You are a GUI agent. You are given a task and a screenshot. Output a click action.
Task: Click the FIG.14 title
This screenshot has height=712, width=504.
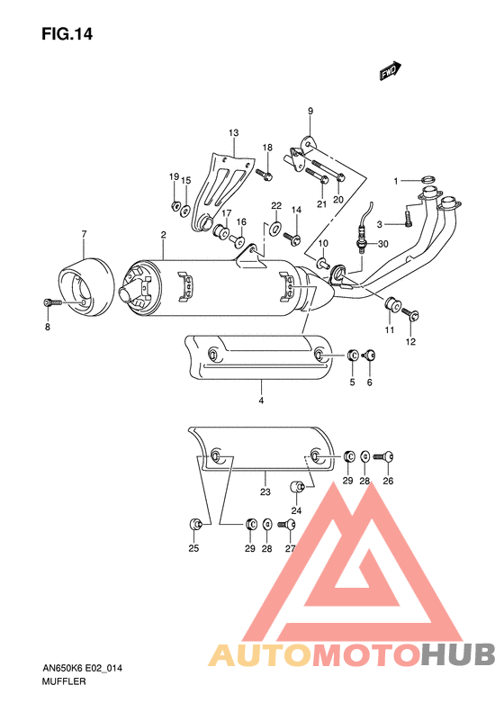click(x=67, y=35)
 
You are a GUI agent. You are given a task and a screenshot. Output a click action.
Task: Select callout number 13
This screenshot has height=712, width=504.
click(x=233, y=133)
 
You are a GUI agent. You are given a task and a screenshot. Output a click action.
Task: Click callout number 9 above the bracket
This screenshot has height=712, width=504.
click(x=310, y=111)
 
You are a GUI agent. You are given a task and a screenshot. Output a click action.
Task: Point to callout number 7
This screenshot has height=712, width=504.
click(x=84, y=235)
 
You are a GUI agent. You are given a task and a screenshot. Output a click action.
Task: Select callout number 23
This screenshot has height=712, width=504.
click(x=265, y=491)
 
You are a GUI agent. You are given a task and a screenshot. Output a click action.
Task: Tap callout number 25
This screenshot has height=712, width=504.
click(x=193, y=548)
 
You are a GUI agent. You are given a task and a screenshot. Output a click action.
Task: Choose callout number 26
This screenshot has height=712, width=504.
click(x=388, y=481)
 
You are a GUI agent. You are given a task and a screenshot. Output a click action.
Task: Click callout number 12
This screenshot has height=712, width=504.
click(x=410, y=342)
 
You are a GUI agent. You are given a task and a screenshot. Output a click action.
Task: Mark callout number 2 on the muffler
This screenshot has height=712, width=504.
click(x=163, y=235)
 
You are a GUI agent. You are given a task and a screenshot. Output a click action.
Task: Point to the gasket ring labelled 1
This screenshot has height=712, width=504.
click(x=428, y=180)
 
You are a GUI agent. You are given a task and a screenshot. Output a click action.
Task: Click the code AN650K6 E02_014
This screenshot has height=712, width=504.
click(x=83, y=668)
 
